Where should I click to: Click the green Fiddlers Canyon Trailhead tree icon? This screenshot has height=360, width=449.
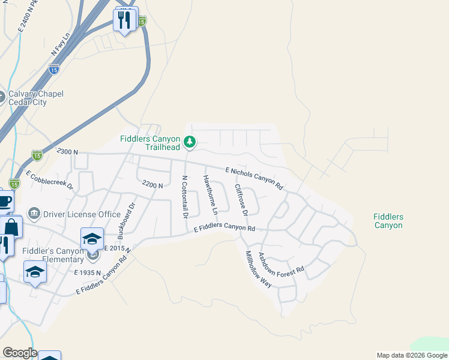(190, 142)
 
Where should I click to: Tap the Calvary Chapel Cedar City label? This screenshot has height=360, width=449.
(36, 98)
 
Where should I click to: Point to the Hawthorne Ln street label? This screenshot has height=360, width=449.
(210, 194)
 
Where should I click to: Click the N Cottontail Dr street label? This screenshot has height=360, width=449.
(185, 197)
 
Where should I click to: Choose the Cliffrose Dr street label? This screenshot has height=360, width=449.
(241, 200)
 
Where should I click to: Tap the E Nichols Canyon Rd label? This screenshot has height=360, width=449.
(254, 178)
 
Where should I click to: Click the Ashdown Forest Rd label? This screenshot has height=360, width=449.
(281, 265)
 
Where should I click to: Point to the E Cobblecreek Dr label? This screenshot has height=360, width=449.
(49, 178)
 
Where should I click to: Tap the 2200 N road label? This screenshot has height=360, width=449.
(152, 185)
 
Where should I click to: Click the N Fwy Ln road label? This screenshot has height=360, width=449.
(61, 46)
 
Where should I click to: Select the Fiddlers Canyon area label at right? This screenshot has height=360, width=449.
(388, 221)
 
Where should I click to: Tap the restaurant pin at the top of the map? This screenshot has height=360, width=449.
(125, 20)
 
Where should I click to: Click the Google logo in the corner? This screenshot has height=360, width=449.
(20, 353)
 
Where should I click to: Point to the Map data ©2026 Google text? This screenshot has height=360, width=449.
(412, 355)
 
